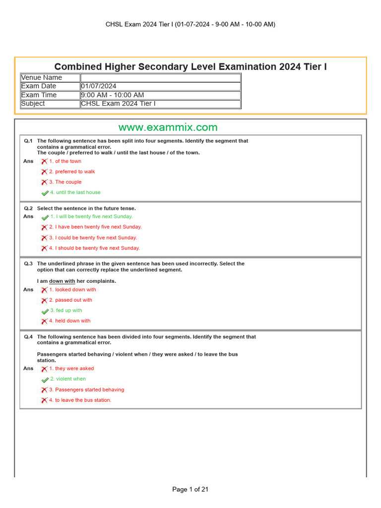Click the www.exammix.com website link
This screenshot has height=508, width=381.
pyautogui.click(x=168, y=127)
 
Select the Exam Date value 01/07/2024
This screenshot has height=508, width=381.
pyautogui.click(x=99, y=86)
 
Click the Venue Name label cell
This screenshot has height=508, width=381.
pyautogui.click(x=42, y=77)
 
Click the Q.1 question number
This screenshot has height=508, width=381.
pyautogui.click(x=28, y=141)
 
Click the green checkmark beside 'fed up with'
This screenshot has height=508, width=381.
pyautogui.click(x=45, y=311)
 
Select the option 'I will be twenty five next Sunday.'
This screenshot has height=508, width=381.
pyautogui.click(x=91, y=217)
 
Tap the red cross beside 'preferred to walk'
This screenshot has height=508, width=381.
pyautogui.click(x=44, y=172)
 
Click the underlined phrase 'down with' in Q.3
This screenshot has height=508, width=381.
pyautogui.click(x=62, y=281)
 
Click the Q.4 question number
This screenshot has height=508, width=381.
pyautogui.click(x=28, y=337)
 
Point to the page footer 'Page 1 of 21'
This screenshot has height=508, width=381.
pyautogui.click(x=190, y=490)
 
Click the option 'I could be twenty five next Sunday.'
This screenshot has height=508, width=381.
pyautogui.click(x=93, y=238)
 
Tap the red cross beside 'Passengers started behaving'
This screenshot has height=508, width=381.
pyautogui.click(x=44, y=390)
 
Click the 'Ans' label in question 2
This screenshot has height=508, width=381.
pyautogui.click(x=28, y=217)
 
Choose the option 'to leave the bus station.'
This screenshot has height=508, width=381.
pyautogui.click(x=80, y=400)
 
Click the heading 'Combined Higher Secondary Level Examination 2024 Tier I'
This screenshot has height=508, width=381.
pyautogui.click(x=190, y=67)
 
